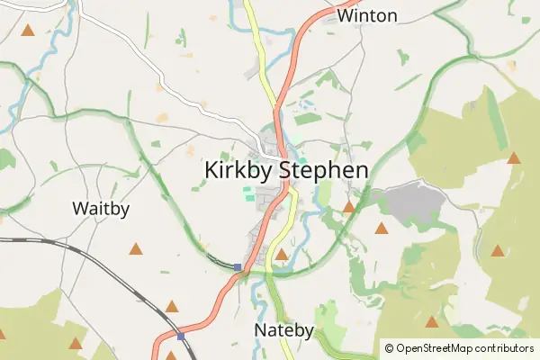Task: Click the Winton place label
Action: [x=367, y=15]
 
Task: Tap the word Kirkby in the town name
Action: [x=238, y=170]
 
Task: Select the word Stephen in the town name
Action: [x=323, y=170]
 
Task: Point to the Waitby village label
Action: [x=101, y=209]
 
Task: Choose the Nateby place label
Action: [x=283, y=330]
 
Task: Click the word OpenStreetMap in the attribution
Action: [x=440, y=347]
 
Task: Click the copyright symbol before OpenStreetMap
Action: [x=389, y=347]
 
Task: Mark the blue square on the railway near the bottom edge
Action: [x=181, y=337]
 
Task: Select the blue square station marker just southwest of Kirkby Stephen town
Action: [x=238, y=266]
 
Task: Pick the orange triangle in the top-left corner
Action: [x=28, y=31]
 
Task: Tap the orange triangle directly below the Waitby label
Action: [x=136, y=248]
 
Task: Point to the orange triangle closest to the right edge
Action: [x=514, y=158]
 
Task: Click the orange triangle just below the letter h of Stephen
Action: [x=348, y=207]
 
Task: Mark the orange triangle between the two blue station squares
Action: [x=172, y=306]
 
